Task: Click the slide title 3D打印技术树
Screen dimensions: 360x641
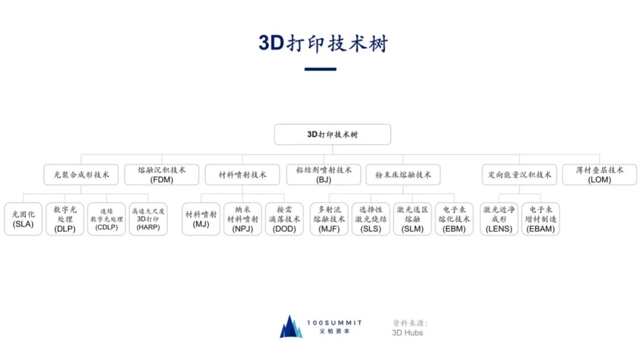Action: (323, 43)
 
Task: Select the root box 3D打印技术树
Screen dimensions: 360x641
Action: (332, 135)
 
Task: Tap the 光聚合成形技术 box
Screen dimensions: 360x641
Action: (81, 175)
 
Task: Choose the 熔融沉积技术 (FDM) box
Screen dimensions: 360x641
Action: (161, 175)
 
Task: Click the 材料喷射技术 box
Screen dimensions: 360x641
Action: (242, 175)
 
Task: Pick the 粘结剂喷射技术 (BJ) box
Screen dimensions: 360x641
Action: (323, 175)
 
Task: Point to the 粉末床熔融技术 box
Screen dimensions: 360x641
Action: (403, 175)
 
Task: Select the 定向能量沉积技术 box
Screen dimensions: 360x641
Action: (519, 175)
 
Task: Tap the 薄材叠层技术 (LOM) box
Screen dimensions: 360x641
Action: (599, 175)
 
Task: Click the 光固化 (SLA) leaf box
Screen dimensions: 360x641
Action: (23, 219)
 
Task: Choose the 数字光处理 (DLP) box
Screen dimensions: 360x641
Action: (65, 219)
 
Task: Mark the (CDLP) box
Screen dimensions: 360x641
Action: (106, 219)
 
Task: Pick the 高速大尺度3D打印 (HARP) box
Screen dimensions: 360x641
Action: (148, 219)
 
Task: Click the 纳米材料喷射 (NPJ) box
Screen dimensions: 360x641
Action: (243, 219)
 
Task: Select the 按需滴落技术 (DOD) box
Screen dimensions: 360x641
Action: (284, 219)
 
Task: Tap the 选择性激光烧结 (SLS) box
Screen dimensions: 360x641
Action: (371, 219)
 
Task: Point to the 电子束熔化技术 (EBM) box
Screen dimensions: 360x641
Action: (454, 219)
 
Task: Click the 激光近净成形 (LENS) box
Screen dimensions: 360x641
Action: (499, 219)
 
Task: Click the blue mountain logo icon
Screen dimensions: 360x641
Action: (291, 327)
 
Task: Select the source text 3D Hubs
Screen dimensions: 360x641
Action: (407, 333)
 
